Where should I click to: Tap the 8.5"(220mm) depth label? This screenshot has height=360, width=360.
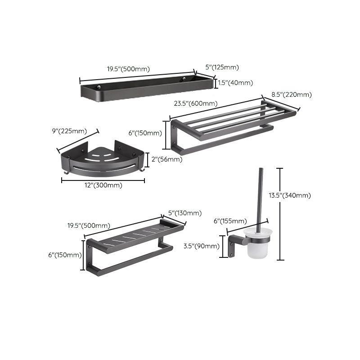pos(291,94)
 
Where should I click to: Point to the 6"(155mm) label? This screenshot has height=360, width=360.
pos(230,220)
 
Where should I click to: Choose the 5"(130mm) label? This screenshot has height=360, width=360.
pos(184,213)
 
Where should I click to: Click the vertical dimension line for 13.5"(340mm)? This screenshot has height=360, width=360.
pos(280,214)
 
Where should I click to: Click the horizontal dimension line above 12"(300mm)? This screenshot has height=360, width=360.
pos(103,180)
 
